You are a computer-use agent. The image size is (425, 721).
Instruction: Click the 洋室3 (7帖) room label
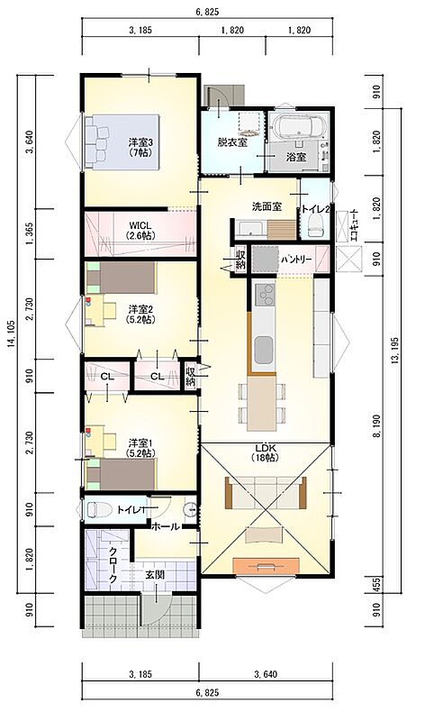click(x=140, y=147)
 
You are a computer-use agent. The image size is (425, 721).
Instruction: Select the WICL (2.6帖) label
click(x=140, y=230)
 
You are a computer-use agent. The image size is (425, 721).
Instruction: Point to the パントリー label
click(x=296, y=260)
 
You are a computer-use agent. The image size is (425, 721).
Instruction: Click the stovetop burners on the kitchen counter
click(x=264, y=295)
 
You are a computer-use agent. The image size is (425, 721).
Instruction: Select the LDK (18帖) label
click(x=266, y=452)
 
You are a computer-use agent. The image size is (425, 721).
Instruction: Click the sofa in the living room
click(x=266, y=493)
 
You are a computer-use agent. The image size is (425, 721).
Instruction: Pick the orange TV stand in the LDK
click(x=266, y=566)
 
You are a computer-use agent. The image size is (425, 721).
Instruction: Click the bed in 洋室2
click(x=122, y=278)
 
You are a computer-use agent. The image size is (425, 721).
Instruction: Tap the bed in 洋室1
click(x=122, y=474)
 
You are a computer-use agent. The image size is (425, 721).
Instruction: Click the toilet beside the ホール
click(x=98, y=509)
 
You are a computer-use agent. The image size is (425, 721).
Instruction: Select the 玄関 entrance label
click(x=155, y=574)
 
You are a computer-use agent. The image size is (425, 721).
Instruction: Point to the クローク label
click(x=113, y=566)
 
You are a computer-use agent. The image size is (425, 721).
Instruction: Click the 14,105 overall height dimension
click(x=12, y=333)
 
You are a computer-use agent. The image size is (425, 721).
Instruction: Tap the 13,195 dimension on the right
click(x=394, y=351)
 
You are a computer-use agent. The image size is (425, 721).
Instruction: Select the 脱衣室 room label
click(x=232, y=142)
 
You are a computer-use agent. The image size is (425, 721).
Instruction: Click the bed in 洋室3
click(x=122, y=142)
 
